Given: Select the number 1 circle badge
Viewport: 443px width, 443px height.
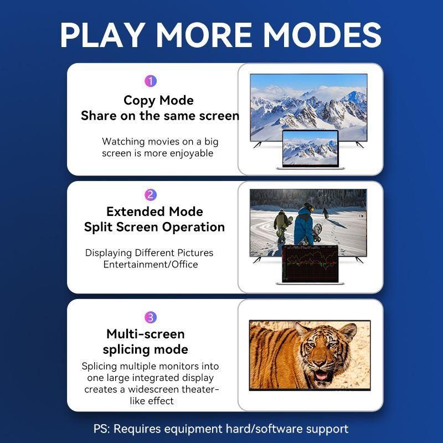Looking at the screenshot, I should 151,81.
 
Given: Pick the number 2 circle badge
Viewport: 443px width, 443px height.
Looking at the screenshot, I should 151,195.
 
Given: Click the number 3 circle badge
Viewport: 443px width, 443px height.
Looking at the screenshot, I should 151,317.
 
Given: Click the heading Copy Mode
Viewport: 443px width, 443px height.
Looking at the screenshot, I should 158,100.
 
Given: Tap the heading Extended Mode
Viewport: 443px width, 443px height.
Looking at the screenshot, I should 154,212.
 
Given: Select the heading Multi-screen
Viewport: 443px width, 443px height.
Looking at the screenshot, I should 146,334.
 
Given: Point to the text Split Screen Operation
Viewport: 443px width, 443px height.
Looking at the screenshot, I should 154,227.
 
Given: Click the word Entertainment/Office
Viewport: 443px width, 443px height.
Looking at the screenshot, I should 151,265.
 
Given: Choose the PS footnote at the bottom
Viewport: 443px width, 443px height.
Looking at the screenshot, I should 221,429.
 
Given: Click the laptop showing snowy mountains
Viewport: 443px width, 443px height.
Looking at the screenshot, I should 310,150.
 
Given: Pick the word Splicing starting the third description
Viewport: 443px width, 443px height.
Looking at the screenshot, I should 100,366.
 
